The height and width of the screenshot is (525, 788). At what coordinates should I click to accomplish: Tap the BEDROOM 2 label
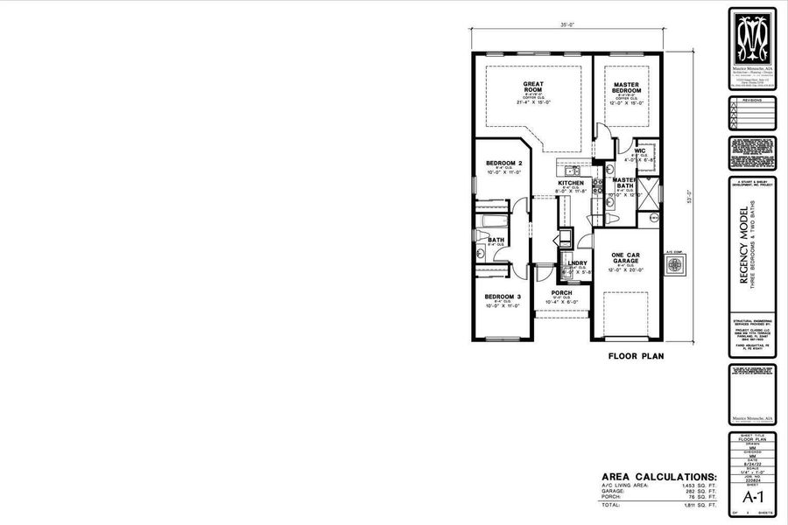tap(503, 164)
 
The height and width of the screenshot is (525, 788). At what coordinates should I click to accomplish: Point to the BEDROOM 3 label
tap(503, 297)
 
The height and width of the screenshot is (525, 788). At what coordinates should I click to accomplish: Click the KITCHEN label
tap(570, 183)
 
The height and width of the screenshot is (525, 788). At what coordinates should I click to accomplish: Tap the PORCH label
tap(560, 292)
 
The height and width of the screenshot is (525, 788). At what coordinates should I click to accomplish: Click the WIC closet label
tap(640, 150)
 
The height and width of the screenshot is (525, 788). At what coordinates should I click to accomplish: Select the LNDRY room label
tap(576, 262)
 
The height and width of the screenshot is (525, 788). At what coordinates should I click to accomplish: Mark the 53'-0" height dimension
tap(689, 196)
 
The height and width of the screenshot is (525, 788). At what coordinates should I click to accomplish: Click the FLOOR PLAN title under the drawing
tap(637, 356)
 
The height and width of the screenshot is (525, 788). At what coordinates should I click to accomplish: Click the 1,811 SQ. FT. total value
tap(698, 505)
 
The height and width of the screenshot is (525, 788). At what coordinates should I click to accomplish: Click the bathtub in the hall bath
tap(490, 221)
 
